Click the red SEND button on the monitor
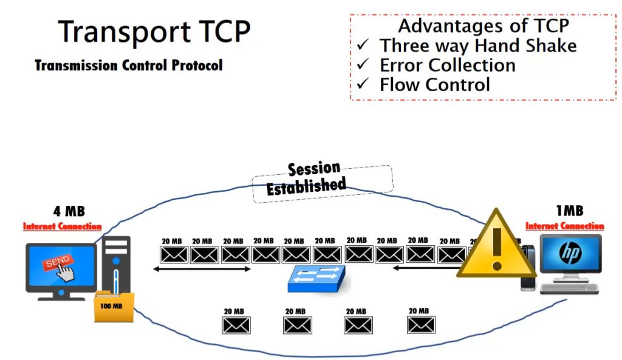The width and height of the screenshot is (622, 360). pos(55,262)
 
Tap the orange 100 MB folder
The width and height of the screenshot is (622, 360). pos(111,307)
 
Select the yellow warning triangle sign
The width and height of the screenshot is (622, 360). pos(496,246)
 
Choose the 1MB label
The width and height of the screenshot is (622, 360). pos(569,211)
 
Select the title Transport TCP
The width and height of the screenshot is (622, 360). pos(154,31)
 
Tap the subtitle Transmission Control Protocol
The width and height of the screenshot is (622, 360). pos(129,65)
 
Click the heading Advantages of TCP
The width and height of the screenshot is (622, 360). pos(484,26)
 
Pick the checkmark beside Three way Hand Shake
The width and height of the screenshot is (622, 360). pos(364,46)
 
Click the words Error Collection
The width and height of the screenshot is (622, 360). pos(447,65)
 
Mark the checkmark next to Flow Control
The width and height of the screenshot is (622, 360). pos(364,84)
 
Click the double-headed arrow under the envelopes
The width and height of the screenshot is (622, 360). pos(201,268)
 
